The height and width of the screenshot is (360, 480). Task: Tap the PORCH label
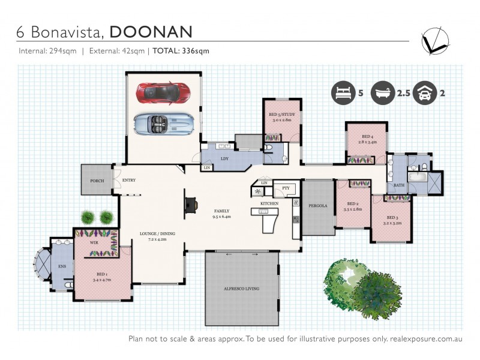click(97, 181)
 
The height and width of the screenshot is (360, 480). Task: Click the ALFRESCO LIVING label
click(242, 289)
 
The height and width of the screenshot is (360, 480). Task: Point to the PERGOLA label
click(317, 206)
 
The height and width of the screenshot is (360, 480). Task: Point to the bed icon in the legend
click(341, 93)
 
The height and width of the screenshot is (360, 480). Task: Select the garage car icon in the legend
click(424, 93)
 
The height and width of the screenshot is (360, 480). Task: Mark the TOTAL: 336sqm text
click(181, 51)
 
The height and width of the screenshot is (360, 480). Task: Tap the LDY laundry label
click(224, 158)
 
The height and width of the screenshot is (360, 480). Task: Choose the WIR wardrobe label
click(94, 243)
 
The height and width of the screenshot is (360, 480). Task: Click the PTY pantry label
click(286, 188)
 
